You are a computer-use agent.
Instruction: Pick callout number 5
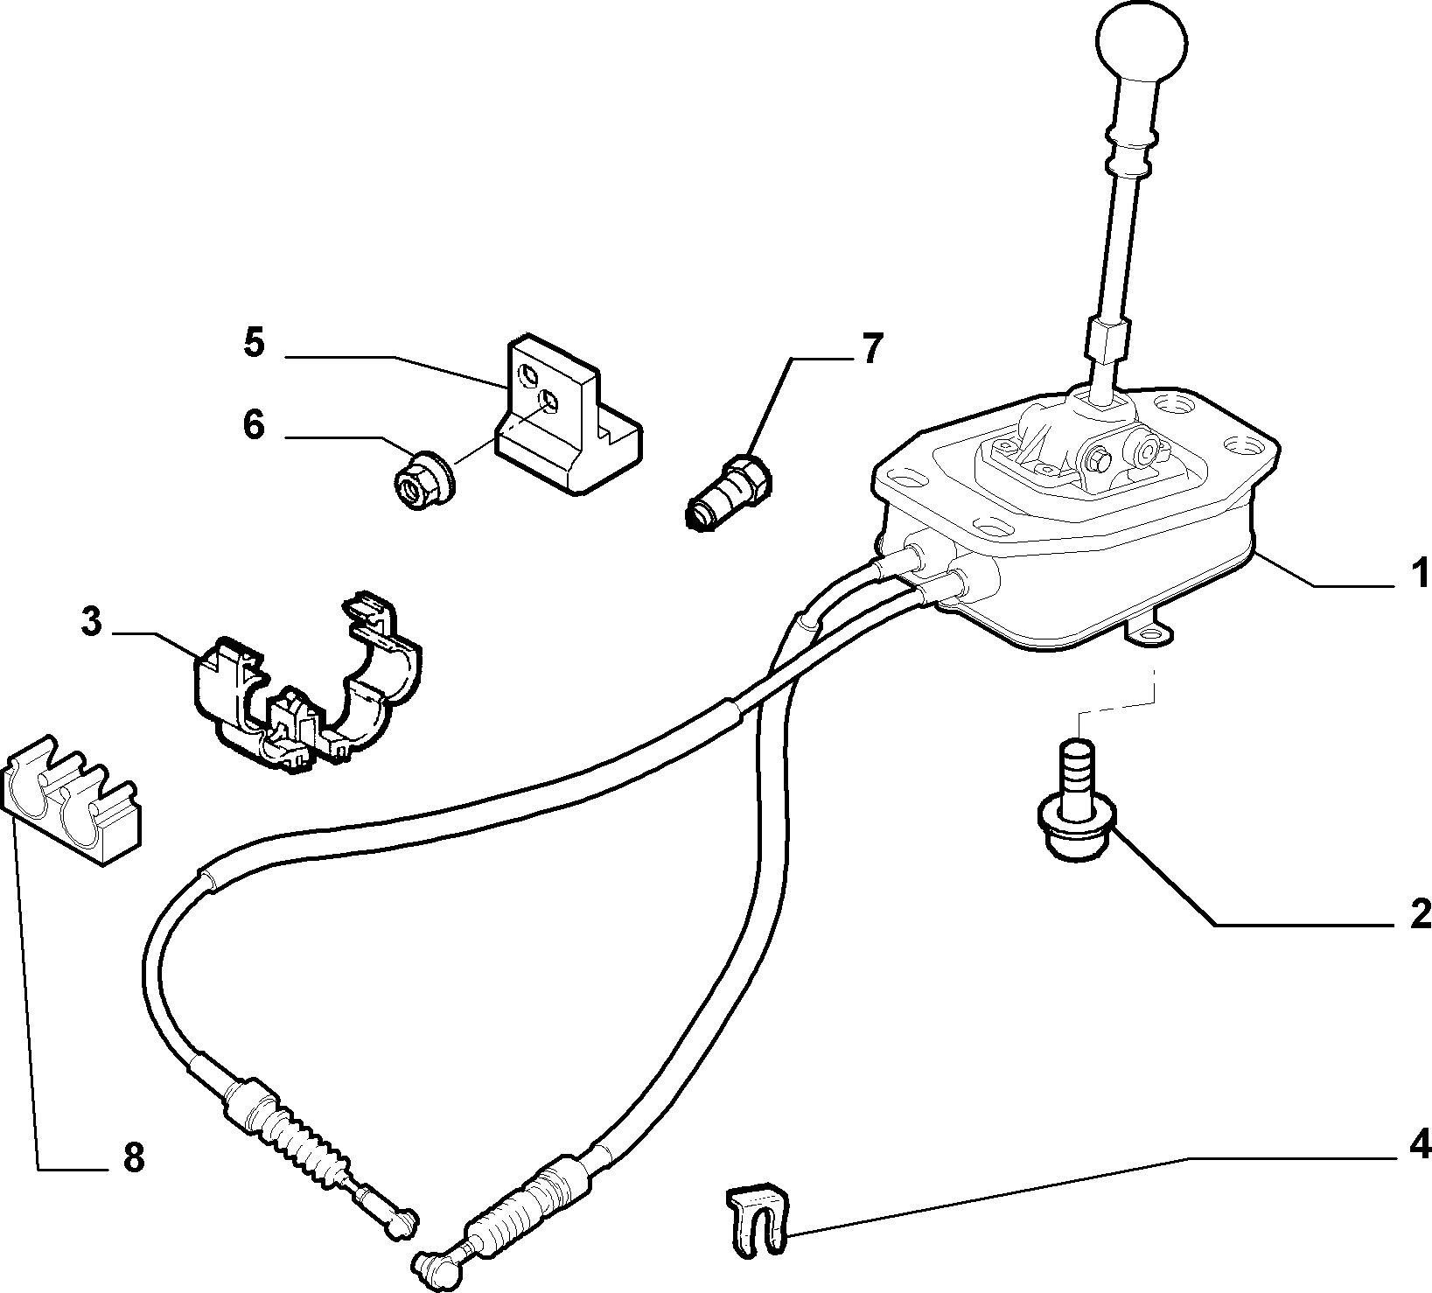(x=253, y=343)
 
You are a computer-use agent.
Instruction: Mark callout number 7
(x=872, y=350)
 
